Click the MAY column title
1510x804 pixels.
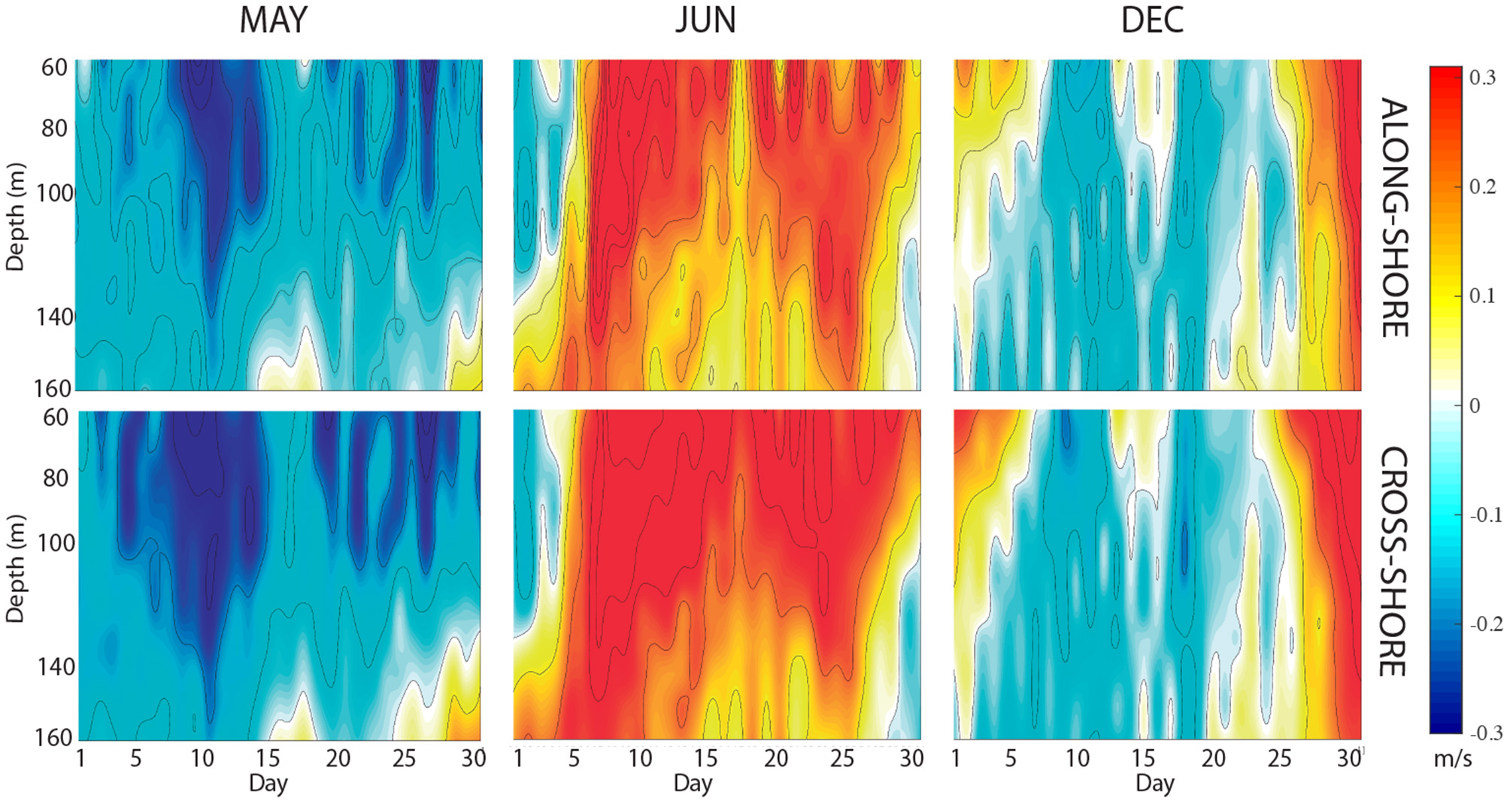click(273, 20)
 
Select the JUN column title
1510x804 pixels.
click(705, 20)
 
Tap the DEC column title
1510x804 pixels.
click(1152, 20)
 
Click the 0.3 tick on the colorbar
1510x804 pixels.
click(1482, 78)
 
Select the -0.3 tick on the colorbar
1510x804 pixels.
click(1484, 733)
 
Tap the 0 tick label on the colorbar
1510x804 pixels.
click(1475, 405)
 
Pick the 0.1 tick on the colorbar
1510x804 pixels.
click(1482, 296)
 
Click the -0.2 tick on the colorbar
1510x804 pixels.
click(1484, 623)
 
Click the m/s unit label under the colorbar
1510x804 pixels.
click(1453, 758)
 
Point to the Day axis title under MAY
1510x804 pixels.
click(268, 784)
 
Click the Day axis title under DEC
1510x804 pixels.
click(1155, 784)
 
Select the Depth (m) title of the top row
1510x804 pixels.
click(16, 217)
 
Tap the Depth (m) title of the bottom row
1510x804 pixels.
click(16, 569)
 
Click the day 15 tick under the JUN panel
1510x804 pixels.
click(705, 758)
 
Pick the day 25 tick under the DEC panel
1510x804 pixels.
click(1279, 758)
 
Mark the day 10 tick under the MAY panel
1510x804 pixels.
click(202, 758)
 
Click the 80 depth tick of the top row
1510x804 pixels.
click(54, 129)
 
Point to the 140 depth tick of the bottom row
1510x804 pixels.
click(56, 666)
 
